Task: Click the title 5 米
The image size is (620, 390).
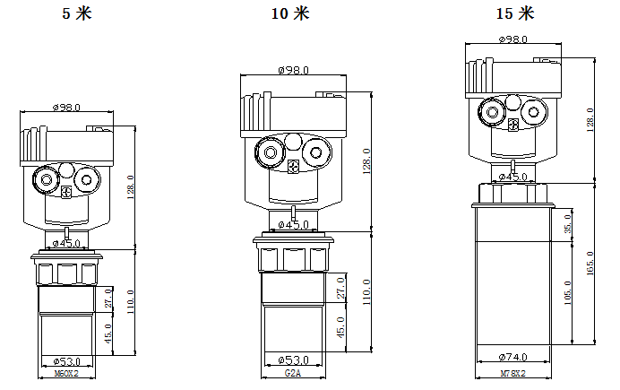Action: (75, 13)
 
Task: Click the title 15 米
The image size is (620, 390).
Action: (514, 13)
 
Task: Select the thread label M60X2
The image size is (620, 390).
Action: (66, 372)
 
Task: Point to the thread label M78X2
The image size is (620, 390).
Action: (512, 370)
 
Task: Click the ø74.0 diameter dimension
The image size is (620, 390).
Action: (512, 355)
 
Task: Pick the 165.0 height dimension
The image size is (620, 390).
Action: (589, 264)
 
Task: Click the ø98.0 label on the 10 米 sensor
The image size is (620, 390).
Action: (293, 69)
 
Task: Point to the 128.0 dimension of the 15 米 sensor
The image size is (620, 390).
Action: (589, 119)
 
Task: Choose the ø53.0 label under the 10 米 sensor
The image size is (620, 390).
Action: (293, 359)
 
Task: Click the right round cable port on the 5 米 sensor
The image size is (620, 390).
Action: (87, 180)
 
